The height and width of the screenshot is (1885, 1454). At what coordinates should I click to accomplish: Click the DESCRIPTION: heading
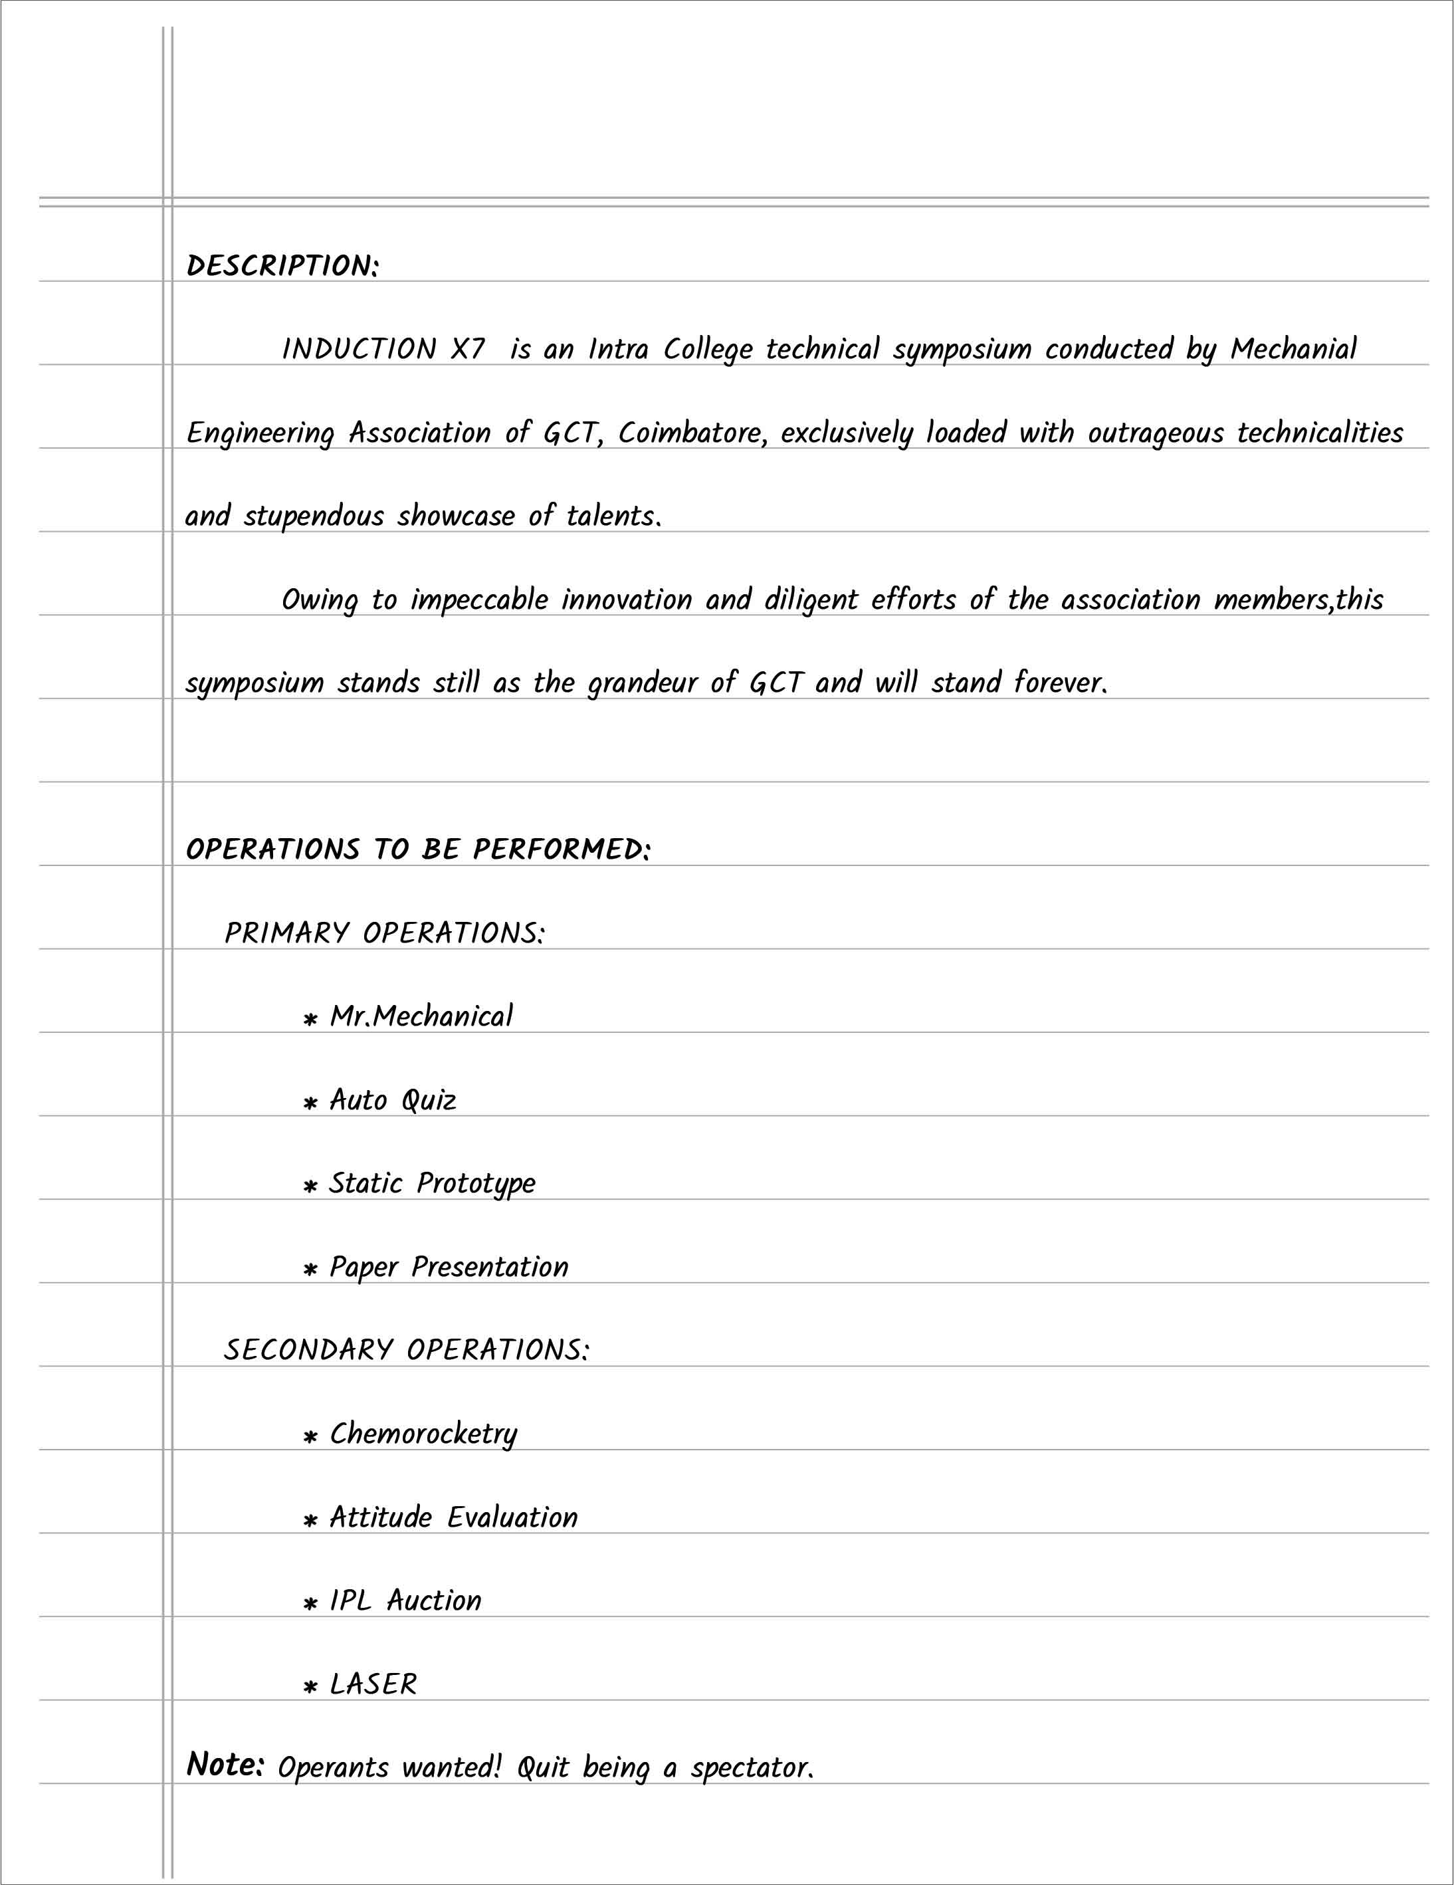[x=282, y=266]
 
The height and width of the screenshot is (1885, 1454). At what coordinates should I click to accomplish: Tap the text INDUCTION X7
[x=384, y=350]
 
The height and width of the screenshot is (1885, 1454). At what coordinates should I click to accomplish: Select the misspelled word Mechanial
[x=1293, y=350]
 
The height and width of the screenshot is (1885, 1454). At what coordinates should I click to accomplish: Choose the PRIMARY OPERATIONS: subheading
[x=385, y=933]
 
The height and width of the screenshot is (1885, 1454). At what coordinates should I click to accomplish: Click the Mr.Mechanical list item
[x=421, y=1017]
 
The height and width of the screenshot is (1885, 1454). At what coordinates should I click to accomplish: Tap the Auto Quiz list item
[x=393, y=1101]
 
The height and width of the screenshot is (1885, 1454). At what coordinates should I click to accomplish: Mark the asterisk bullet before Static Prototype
[x=310, y=1186]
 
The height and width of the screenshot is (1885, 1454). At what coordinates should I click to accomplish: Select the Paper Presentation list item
[x=449, y=1267]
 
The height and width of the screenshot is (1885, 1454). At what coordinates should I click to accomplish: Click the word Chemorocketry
[x=423, y=1434]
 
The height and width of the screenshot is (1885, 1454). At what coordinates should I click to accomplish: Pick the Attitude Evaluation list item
[x=453, y=1517]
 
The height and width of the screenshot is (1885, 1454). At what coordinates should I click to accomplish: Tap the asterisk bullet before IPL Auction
[x=310, y=1605]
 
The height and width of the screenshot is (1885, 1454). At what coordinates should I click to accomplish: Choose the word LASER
[x=373, y=1684]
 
